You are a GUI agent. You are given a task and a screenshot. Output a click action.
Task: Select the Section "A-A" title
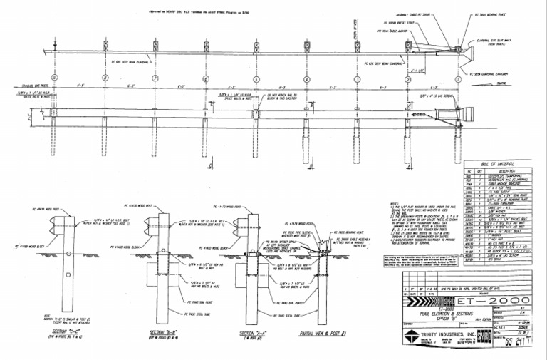(251, 332)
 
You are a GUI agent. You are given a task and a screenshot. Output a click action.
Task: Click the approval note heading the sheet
(206, 11)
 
